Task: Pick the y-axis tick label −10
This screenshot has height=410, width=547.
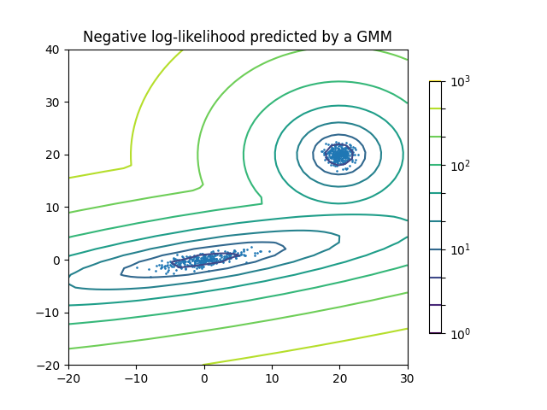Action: (50, 313)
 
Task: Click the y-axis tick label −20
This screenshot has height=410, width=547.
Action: (50, 365)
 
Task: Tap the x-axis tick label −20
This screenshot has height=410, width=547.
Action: (68, 378)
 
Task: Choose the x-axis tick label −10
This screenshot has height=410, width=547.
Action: (136, 378)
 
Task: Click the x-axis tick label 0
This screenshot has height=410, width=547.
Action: (204, 378)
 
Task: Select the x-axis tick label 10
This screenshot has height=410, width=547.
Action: (272, 378)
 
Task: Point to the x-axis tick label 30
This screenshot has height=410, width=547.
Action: (408, 378)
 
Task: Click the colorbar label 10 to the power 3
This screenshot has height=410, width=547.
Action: (460, 81)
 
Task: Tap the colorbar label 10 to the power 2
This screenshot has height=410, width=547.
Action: (460, 165)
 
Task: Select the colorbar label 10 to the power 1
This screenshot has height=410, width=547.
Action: (460, 249)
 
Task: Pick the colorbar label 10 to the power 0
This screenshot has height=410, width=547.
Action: (460, 333)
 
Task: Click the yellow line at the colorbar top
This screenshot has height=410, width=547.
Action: (435, 81)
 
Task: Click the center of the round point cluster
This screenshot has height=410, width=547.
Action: (340, 155)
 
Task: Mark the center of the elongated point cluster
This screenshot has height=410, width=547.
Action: (204, 259)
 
